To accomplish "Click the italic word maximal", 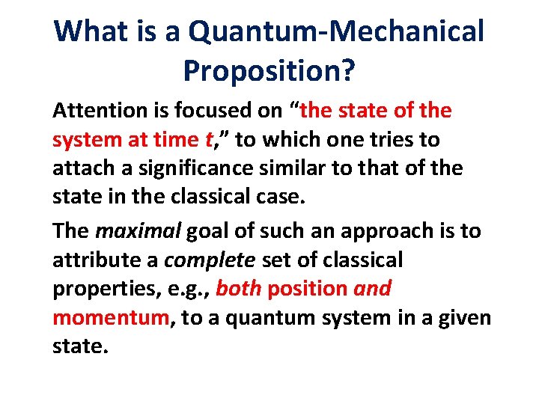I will pos(137,231).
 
